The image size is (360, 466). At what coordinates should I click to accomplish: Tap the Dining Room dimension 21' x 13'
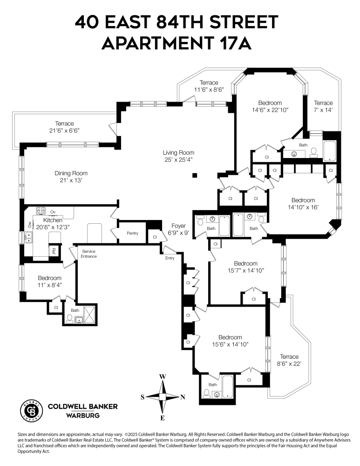pos(71,180)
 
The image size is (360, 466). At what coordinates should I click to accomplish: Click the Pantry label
pos(132,233)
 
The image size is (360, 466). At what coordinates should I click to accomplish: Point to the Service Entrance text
pos(89,254)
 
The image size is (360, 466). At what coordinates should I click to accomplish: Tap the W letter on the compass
pos(163,377)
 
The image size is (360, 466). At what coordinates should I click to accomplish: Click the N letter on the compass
pos(183,397)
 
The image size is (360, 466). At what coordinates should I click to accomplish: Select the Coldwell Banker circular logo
pos(31,410)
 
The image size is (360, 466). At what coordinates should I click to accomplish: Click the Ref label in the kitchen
pos(54,250)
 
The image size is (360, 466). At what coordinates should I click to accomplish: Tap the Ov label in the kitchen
pos(53,212)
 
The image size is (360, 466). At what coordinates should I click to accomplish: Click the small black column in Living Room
pos(195,175)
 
